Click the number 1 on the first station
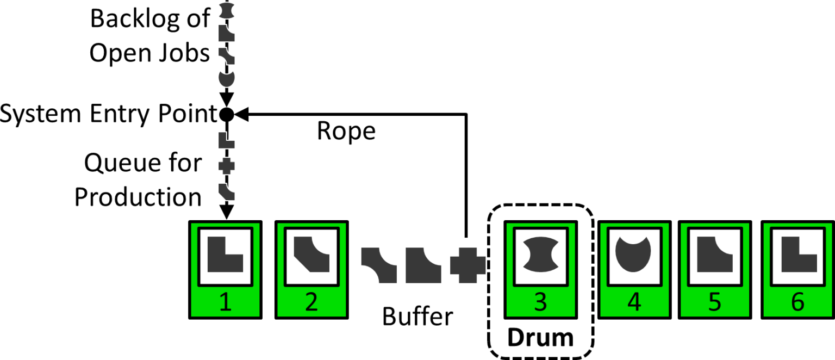coord(225,302)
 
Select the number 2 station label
coord(311,302)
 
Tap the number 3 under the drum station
coord(540,302)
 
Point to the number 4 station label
coord(634,302)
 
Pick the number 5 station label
coord(715,302)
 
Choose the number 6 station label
coord(797,302)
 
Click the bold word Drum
coord(540,338)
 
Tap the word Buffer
coord(417,316)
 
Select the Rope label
coord(346,131)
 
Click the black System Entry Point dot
coord(227,114)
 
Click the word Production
coord(138,197)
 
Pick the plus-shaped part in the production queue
coord(227,165)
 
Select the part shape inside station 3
coord(540,254)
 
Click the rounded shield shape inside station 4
coord(634,254)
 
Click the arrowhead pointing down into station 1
coord(227,210)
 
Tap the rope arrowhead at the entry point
coord(240,114)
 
